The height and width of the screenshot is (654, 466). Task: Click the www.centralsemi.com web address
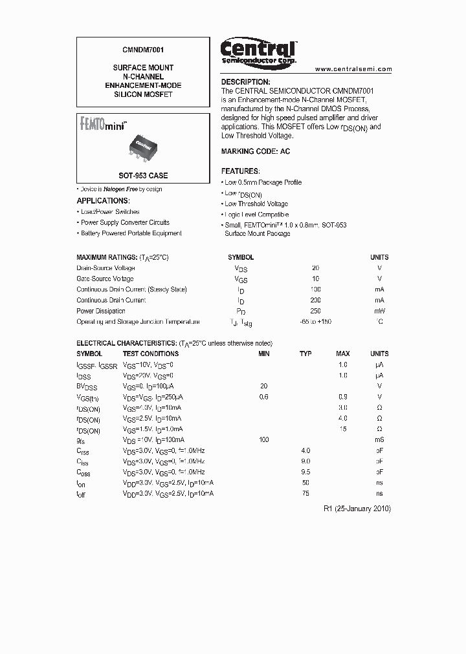click(353, 69)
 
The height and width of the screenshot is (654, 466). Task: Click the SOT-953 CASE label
click(143, 175)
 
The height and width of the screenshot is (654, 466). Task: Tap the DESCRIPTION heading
click(245, 82)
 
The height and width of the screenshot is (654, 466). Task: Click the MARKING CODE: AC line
click(256, 151)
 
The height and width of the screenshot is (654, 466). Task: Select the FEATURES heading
click(240, 171)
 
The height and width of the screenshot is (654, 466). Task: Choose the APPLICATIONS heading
click(104, 201)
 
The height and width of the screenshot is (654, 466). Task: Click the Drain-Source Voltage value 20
click(316, 268)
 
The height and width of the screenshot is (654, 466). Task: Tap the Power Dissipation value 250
click(316, 311)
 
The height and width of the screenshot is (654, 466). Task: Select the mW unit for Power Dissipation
click(379, 311)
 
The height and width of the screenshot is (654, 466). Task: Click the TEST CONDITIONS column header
click(151, 353)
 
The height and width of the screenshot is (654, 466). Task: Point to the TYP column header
click(305, 353)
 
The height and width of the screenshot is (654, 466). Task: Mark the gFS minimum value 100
click(263, 439)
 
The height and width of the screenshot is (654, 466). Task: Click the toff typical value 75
click(305, 493)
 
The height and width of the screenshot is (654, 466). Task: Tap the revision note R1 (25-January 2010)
click(357, 509)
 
